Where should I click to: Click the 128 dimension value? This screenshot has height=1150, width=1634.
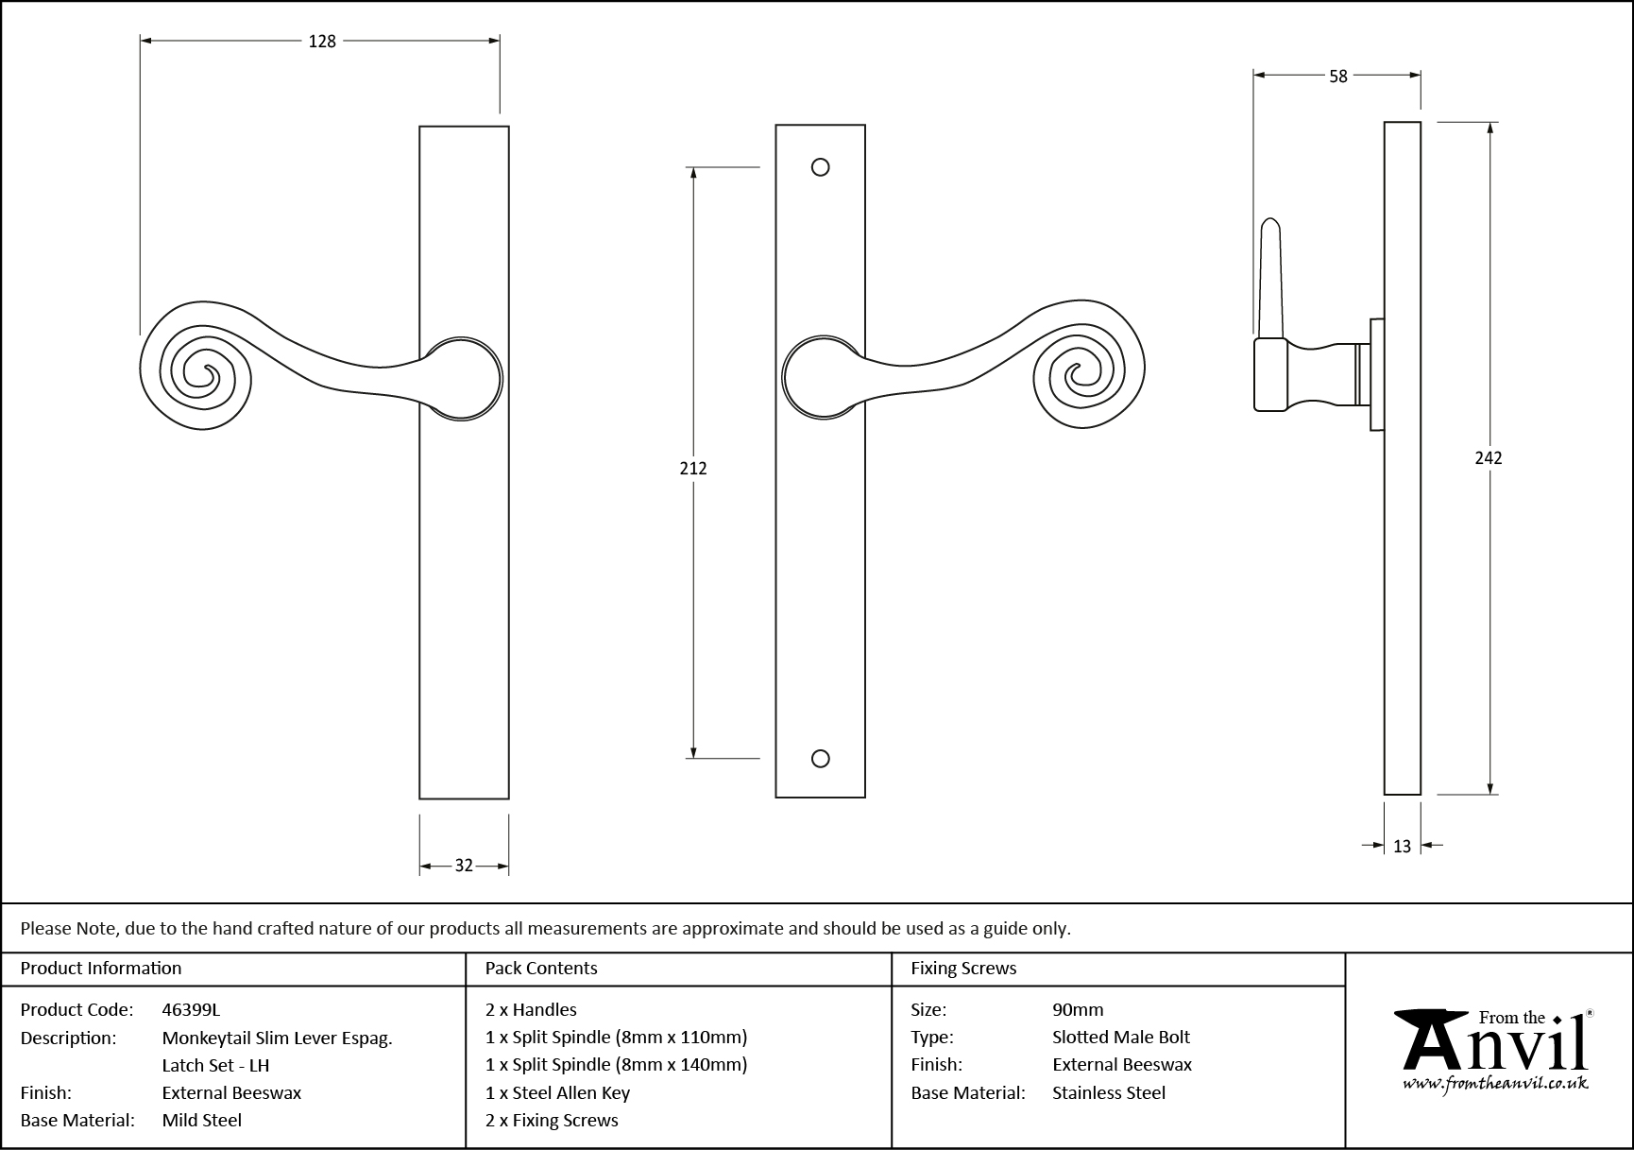point(322,42)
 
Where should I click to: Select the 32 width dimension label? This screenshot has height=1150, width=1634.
point(464,866)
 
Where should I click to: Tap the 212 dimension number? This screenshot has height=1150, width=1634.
point(693,468)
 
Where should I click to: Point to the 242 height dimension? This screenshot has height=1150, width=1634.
point(1489,458)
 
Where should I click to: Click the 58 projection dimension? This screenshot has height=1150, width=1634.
point(1337,77)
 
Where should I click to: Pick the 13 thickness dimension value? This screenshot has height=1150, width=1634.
point(1402,847)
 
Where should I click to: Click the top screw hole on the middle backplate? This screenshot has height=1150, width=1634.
point(821,167)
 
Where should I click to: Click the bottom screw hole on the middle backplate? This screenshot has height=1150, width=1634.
point(821,759)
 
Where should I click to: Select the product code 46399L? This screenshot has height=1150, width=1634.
point(191,1009)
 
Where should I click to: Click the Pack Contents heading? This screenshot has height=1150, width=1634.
point(541,968)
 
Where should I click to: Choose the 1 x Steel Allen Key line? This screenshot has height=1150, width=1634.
point(557,1092)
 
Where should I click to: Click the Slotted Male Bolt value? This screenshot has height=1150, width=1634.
point(1121,1037)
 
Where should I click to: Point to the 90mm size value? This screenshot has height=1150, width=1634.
point(1078,1009)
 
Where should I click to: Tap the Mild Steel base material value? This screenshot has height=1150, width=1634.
point(202,1120)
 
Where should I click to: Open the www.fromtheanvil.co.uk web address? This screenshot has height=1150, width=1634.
point(1494,1084)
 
